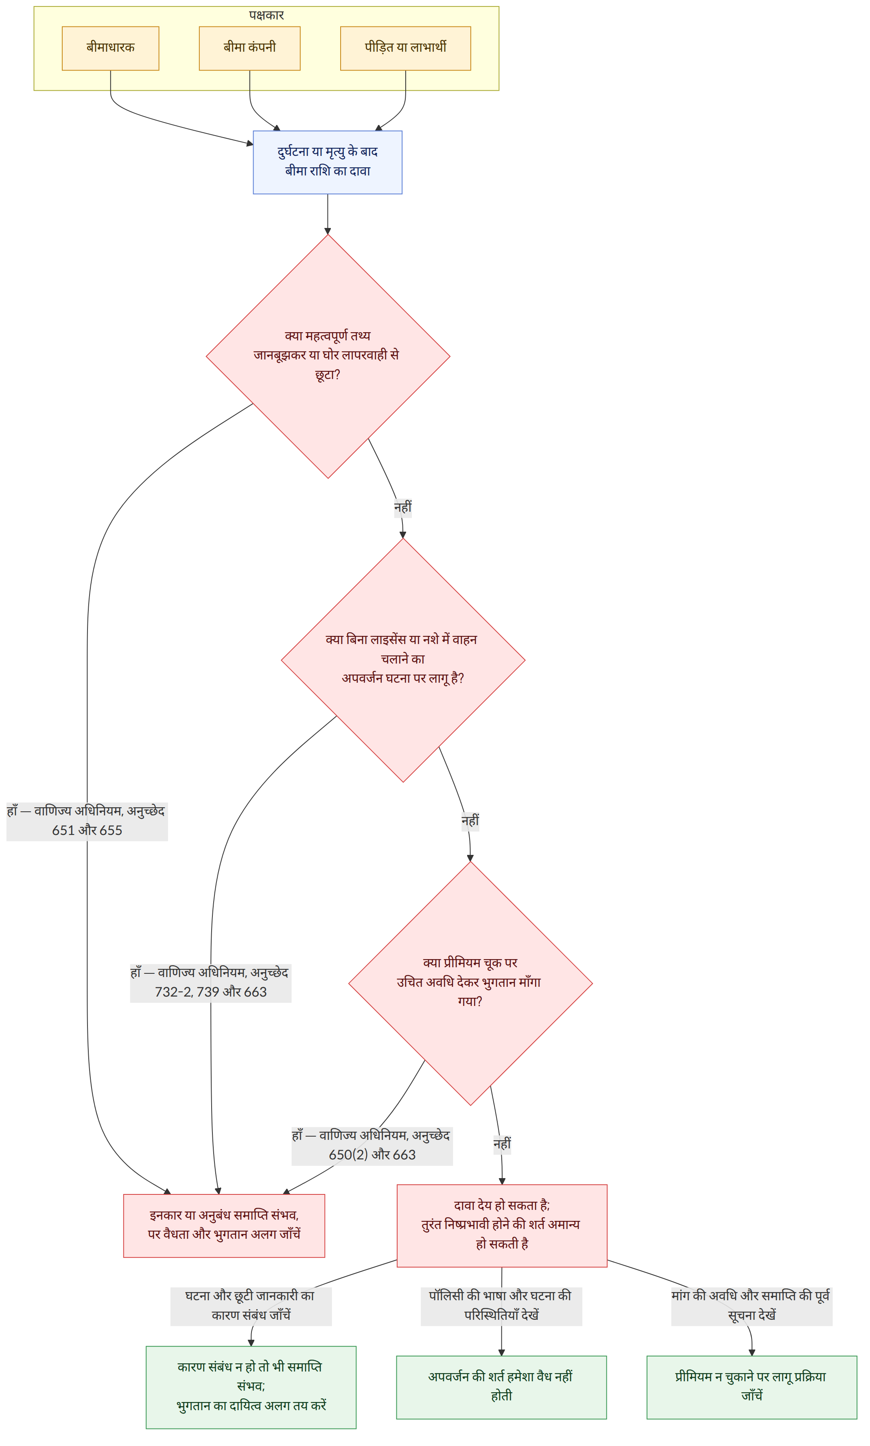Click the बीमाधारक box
pos(110,48)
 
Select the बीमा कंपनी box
pos(250,48)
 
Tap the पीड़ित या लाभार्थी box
pos(406,48)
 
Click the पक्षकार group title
pos(266,15)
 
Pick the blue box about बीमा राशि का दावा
pos(328,162)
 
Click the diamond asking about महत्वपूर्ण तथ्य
pos(328,356)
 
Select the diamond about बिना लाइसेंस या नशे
pos(403,659)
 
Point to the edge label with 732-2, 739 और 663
pos(210,982)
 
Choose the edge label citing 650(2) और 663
pos(372,1145)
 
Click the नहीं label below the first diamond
pos(403,507)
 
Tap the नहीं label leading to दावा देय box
pos(502,1144)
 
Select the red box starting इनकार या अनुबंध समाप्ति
pos(224,1225)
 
